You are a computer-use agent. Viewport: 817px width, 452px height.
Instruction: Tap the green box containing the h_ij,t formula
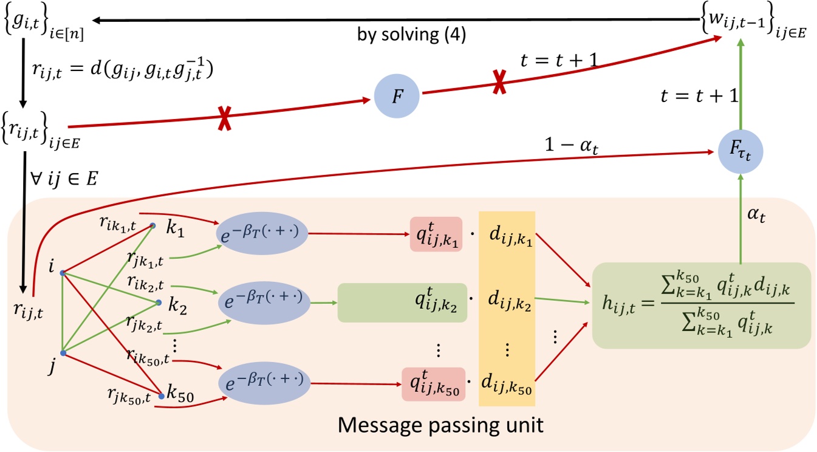[701, 305]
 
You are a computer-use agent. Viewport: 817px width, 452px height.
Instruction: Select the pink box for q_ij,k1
[436, 234]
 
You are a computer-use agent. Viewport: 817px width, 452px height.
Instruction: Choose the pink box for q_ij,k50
[432, 384]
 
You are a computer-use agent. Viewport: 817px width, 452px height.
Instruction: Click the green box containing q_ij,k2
[402, 303]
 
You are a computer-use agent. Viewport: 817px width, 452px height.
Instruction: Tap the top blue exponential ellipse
[262, 232]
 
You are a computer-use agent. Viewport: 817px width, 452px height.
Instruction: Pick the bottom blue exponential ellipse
[262, 383]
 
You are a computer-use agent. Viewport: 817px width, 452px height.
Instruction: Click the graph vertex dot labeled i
[63, 272]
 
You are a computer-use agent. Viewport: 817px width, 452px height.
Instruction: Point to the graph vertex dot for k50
[162, 395]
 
